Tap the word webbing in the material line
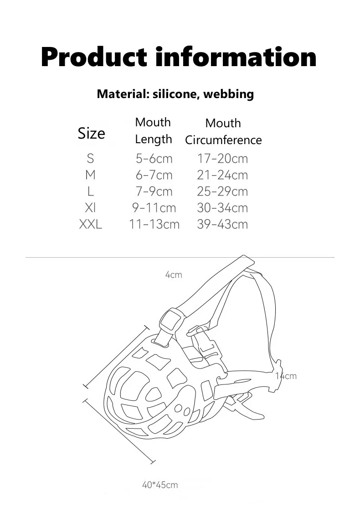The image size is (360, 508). point(228,94)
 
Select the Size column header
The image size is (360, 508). point(91,133)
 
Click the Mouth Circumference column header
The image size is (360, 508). point(223,131)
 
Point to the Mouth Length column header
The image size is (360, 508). point(154,130)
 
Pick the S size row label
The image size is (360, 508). point(90,159)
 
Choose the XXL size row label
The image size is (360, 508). point(90,224)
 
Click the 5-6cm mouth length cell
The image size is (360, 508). point(154,159)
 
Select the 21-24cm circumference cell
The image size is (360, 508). point(222,175)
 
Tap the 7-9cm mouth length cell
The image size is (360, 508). point(154,192)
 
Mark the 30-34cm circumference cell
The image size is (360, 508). point(222,208)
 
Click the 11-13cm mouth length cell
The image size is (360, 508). point(154,224)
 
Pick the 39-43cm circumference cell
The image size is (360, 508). point(222,224)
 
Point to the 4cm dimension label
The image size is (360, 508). point(174,275)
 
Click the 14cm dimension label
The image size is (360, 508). point(286,376)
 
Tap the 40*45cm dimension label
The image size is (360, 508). point(160,485)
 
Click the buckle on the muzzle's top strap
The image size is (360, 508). point(171,321)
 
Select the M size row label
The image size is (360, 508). point(90,175)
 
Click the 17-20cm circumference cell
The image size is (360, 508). point(222,159)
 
